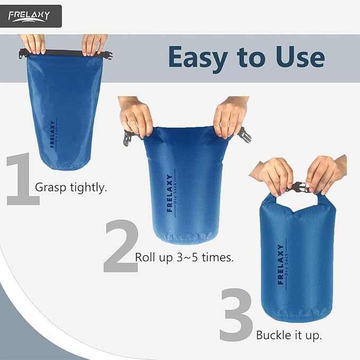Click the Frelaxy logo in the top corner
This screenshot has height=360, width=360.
[x=31, y=16]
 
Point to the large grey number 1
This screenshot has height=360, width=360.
[x=22, y=179]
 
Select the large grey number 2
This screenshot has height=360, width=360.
[x=120, y=248]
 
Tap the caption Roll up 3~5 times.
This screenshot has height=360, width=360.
[x=185, y=258]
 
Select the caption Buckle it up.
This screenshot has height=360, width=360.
[x=289, y=335]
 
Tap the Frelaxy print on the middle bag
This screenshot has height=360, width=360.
[x=170, y=194]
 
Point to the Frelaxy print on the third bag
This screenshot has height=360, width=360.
[x=280, y=264]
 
